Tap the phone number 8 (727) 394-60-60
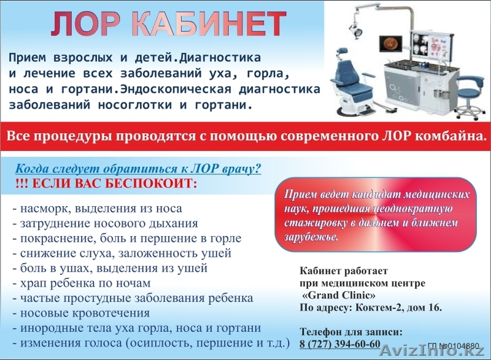(x=340, y=343)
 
